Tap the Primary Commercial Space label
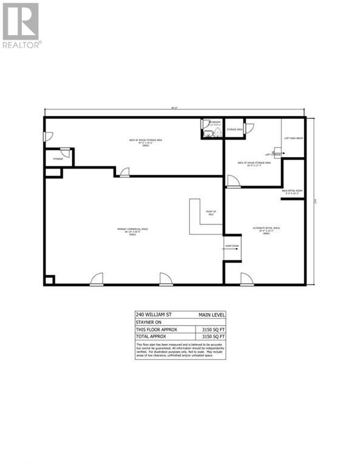133,231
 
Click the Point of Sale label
211,213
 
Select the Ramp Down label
231,246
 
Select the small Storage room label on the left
58,160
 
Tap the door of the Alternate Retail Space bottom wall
246,279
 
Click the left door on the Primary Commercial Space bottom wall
96,279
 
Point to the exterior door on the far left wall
47,138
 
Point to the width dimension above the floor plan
174,109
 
